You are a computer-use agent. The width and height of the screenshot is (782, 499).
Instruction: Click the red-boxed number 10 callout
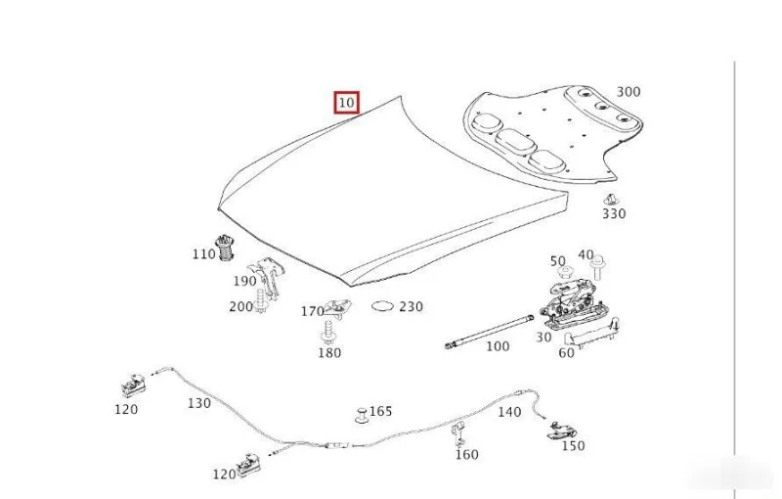(x=347, y=103)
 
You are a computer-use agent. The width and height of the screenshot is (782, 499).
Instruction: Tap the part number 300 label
(x=629, y=92)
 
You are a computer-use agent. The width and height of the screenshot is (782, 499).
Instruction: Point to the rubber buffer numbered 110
(x=226, y=248)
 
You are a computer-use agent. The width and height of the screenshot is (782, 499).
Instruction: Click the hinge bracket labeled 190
(x=270, y=278)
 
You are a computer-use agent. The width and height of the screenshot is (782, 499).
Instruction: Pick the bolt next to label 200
(x=260, y=300)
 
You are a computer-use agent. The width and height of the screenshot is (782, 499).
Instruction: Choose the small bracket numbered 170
(x=337, y=307)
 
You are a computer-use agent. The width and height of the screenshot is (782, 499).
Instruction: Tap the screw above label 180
(x=327, y=333)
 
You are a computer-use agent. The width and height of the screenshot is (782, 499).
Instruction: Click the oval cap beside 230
(x=382, y=305)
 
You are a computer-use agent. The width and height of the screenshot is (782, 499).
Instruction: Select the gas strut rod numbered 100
(x=490, y=330)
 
